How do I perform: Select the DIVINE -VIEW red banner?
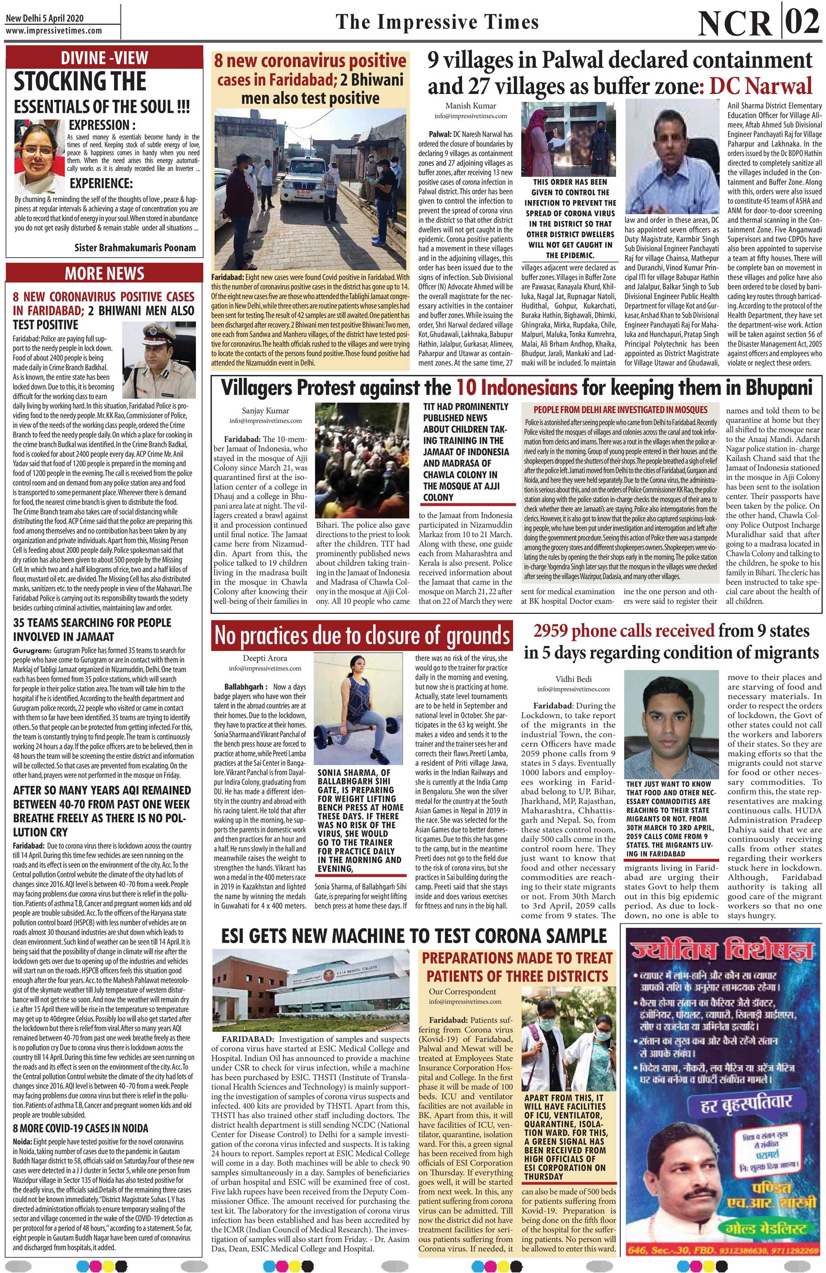pyautogui.click(x=104, y=58)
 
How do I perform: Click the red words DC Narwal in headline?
pyautogui.click(x=760, y=86)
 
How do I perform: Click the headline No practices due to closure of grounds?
pyautogui.click(x=362, y=635)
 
